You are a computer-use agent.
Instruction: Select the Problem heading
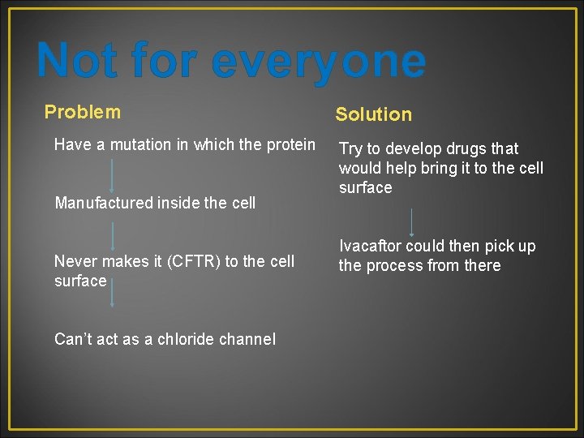pyautogui.click(x=82, y=112)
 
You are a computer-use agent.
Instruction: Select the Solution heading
pyautogui.click(x=373, y=114)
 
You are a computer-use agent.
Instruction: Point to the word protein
pyautogui.click(x=289, y=144)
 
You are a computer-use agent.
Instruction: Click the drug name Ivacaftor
pyautogui.click(x=370, y=246)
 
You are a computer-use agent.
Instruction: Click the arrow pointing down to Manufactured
pyautogui.click(x=111, y=175)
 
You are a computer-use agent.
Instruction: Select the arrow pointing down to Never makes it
pyautogui.click(x=112, y=235)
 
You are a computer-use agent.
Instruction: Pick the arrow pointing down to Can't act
pyautogui.click(x=112, y=292)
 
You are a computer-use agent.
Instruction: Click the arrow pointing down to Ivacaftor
pyautogui.click(x=413, y=221)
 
